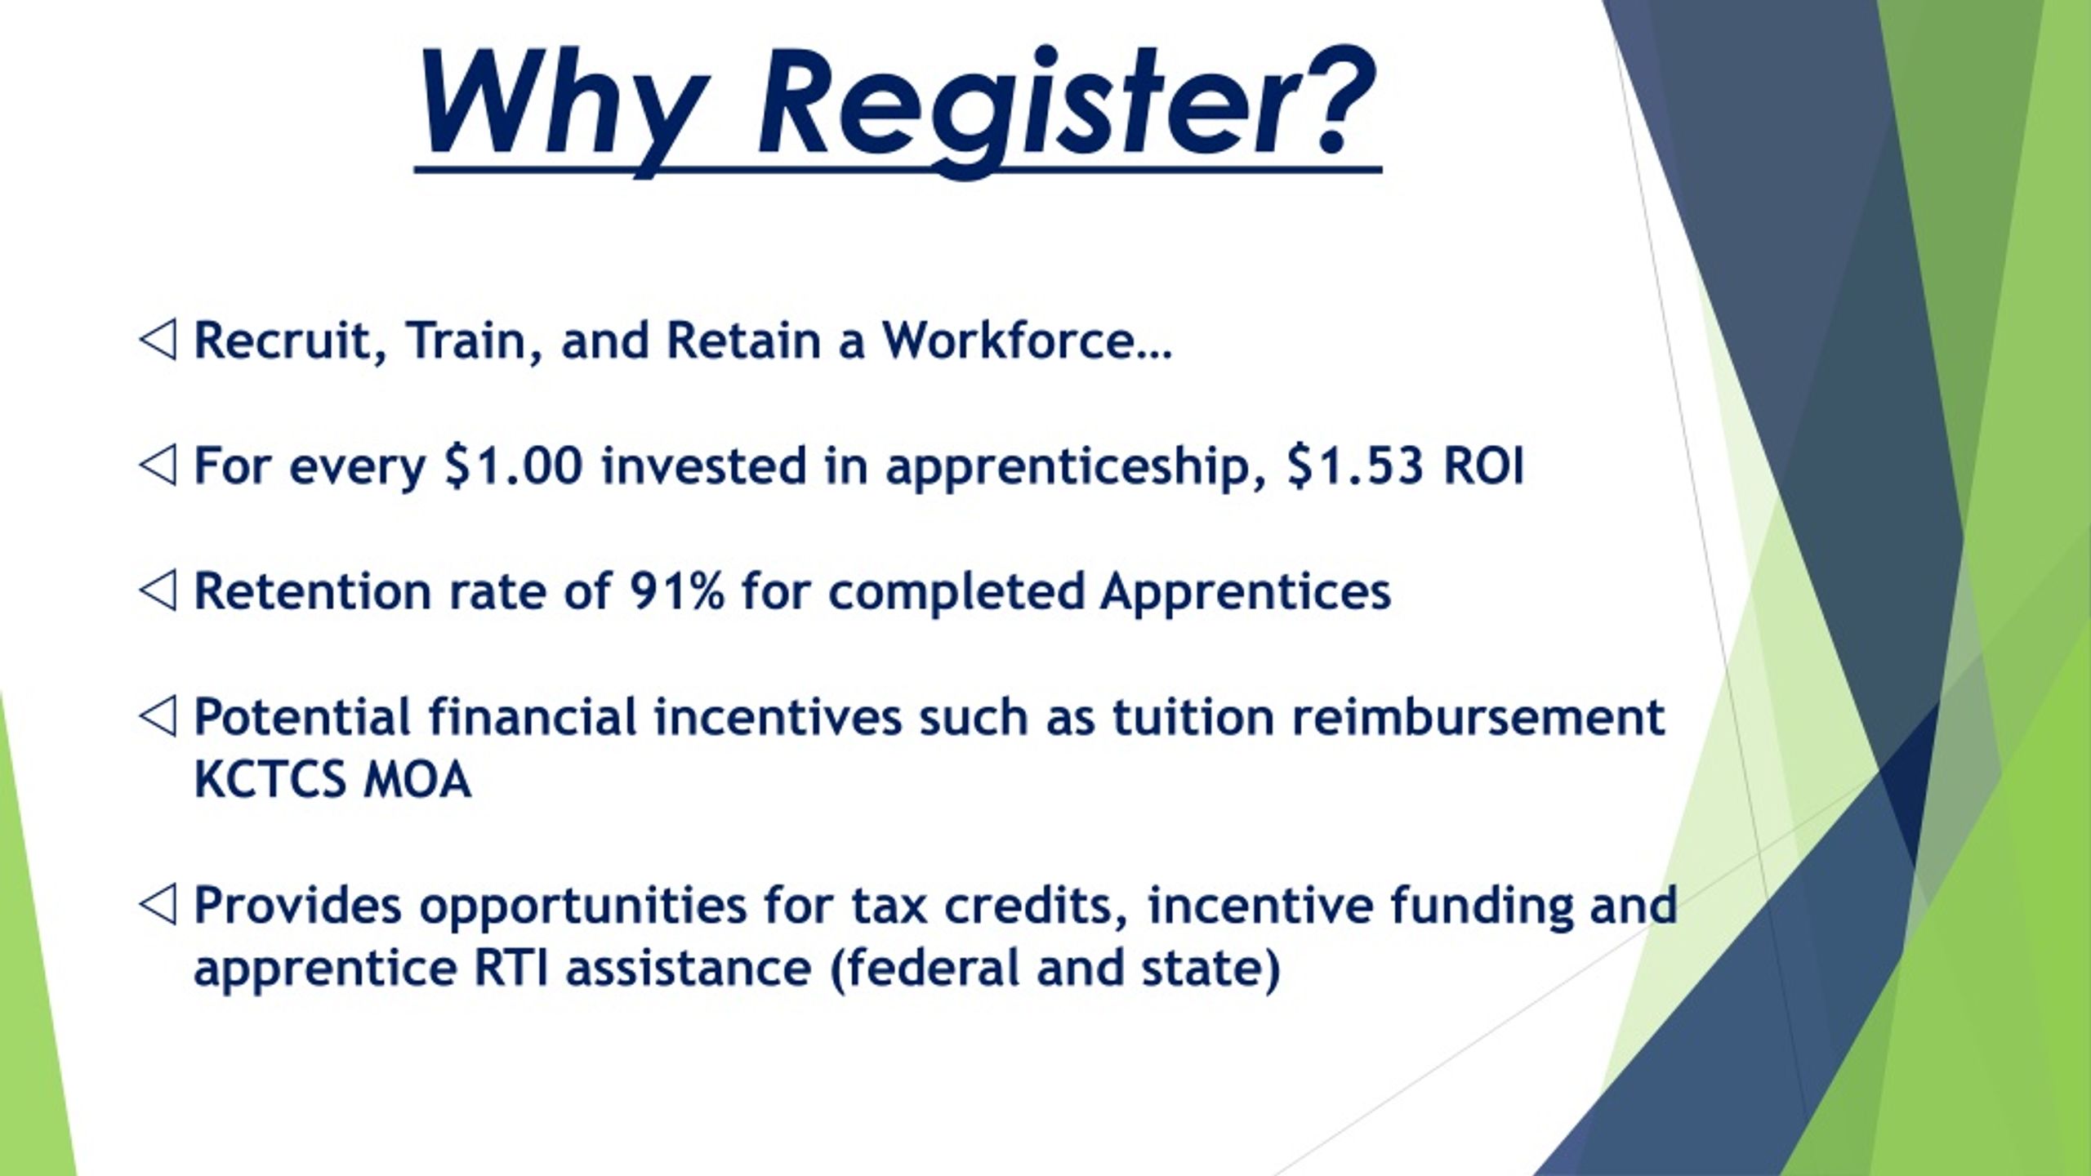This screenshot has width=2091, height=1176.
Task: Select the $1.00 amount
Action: click(514, 465)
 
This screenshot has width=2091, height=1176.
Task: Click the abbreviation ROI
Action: click(1483, 465)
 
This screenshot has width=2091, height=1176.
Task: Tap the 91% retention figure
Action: click(676, 590)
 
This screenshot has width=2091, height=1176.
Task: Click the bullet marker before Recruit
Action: click(157, 340)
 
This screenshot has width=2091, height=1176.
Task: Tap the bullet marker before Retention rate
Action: click(157, 590)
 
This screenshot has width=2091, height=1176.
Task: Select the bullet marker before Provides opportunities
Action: click(157, 905)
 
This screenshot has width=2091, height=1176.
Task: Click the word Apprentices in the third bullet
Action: click(1245, 590)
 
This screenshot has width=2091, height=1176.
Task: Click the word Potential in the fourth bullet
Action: click(302, 716)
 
